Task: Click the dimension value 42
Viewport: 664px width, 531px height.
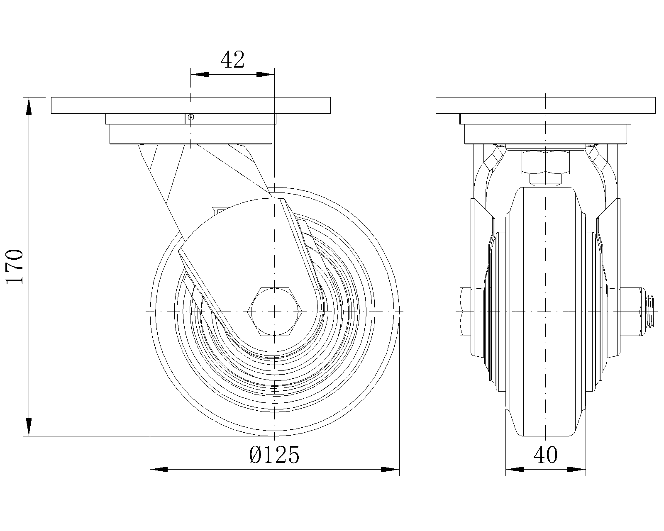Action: [232, 61]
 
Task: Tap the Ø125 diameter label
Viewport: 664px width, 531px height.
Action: [274, 455]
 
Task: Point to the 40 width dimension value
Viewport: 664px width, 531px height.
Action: [545, 455]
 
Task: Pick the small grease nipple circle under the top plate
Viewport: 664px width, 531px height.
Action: [190, 117]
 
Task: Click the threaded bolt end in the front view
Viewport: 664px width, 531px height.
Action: [651, 311]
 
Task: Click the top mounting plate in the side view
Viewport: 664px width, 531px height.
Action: [190, 105]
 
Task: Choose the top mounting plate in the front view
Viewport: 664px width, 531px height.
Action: [545, 105]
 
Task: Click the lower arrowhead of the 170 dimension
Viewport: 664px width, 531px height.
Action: [29, 427]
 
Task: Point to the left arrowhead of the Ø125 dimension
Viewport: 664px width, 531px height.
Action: [159, 470]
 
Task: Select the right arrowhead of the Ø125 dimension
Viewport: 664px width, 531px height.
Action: [390, 470]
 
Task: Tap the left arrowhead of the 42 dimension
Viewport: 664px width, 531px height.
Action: [199, 75]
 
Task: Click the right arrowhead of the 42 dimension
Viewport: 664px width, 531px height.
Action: [266, 75]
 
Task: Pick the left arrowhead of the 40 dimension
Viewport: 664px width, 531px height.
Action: [515, 470]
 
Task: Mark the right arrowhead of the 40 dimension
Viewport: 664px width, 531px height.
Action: [577, 470]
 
